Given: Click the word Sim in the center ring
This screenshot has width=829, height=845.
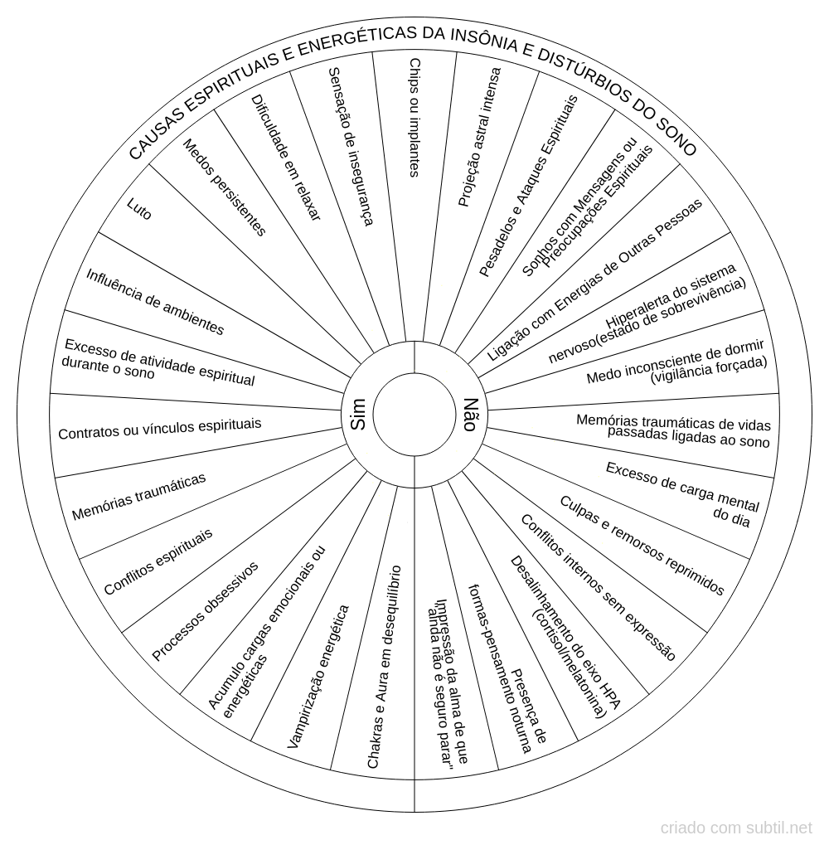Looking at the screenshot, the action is pos(357,414).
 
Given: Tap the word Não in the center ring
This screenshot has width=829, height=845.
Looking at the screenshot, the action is pos(470,415).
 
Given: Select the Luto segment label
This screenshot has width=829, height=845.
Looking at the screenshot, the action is pos(139,209).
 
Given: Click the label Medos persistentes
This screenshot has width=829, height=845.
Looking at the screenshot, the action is pos(225,187).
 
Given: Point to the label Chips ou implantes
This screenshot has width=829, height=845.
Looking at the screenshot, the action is pos(414,118).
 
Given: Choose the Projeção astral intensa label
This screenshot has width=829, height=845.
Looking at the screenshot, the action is pos(479,137).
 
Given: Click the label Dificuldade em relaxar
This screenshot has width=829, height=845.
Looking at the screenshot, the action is pos(286,158).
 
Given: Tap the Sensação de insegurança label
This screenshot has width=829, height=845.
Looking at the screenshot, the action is pos(351,146).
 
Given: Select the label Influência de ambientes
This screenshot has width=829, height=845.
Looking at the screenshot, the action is pos(155,302).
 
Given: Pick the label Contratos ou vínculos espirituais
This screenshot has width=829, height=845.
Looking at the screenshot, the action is pos(159,429).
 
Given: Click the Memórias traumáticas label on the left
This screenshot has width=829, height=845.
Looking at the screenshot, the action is pos(138,497).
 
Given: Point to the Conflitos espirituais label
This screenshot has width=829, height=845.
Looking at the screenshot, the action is pos(158,562).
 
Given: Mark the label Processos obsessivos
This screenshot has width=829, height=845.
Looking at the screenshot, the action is pos(205,611).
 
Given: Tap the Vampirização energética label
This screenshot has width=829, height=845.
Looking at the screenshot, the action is pos(318,677).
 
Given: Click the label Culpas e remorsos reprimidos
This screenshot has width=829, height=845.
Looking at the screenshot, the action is pos(642,546).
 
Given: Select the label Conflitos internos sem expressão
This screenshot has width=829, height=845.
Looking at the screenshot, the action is pos(598,587).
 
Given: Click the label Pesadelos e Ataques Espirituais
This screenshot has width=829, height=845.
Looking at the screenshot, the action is pos(528,186).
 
